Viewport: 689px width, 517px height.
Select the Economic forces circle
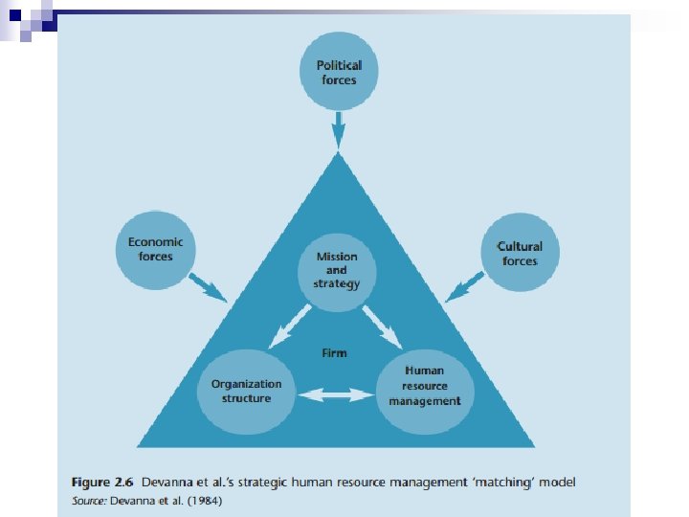155,250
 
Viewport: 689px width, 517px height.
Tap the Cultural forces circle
518,254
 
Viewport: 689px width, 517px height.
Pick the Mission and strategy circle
336,269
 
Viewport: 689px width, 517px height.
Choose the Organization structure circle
246,391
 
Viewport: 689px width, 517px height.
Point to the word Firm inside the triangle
334,353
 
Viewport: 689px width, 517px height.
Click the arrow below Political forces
337,133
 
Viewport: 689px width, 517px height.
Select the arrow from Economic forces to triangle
207,286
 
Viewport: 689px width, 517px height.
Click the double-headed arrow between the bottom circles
335,393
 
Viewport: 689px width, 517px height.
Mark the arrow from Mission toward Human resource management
384,326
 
